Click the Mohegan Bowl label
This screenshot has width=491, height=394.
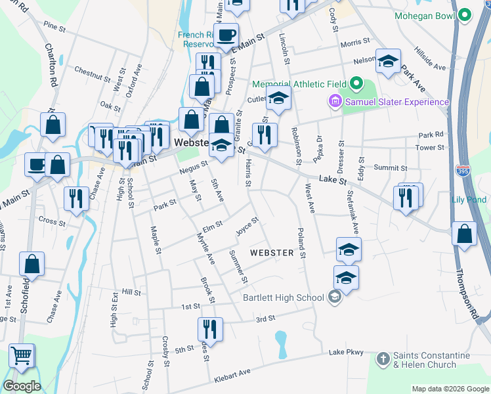(425, 14)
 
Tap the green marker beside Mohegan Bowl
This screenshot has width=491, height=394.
(465, 14)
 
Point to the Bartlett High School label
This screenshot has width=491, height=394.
(284, 297)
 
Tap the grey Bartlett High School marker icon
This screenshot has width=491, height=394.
(335, 297)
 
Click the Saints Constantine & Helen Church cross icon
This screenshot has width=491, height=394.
(383, 359)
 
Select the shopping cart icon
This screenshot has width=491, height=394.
(22, 355)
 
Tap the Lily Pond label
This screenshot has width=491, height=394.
(469, 200)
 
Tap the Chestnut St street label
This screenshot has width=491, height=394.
(93, 74)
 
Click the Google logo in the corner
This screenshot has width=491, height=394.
(22, 385)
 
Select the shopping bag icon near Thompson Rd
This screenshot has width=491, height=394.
(465, 235)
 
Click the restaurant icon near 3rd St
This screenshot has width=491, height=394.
(210, 328)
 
